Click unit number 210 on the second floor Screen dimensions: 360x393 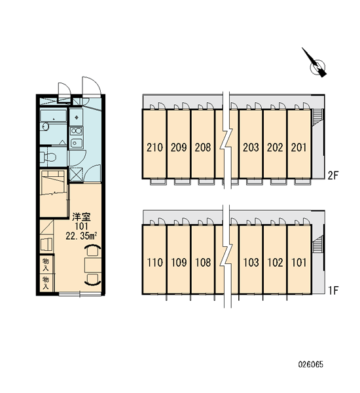point(154,147)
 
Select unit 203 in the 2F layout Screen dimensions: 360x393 point(251,147)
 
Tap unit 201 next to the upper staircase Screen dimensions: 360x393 point(299,147)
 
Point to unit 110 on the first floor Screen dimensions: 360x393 point(154,263)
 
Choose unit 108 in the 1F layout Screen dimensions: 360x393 point(203,263)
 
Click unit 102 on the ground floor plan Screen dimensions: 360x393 point(275,263)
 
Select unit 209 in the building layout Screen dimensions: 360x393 point(179,147)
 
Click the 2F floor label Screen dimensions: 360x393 point(333,176)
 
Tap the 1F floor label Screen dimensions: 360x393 point(333,290)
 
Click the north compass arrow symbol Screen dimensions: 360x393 point(314,63)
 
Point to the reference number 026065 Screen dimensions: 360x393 point(311,364)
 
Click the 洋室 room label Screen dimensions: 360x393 point(81,217)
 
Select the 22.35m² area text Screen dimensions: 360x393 point(81,236)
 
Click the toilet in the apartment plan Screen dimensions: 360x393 point(48,157)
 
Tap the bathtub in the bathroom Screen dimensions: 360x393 point(54,116)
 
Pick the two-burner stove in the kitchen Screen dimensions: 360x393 point(76,132)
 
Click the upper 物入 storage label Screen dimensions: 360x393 point(46,265)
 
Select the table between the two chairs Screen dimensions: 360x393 point(93,265)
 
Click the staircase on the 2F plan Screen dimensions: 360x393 point(317,116)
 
